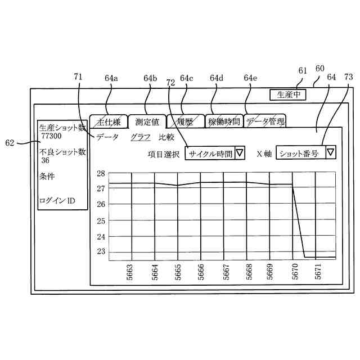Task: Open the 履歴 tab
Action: click(184, 121)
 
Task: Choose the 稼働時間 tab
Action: click(223, 121)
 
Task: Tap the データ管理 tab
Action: click(264, 120)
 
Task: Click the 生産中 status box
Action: click(287, 94)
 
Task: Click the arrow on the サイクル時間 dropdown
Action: click(240, 153)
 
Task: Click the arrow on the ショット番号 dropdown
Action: click(331, 152)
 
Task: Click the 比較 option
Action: click(166, 137)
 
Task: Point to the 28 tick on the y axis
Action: click(101, 174)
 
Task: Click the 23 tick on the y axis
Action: click(101, 251)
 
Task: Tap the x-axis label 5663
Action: click(130, 271)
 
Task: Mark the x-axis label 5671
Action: click(318, 271)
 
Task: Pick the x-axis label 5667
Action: click(225, 271)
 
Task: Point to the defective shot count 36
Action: click(45, 160)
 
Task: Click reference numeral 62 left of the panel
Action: click(9, 143)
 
